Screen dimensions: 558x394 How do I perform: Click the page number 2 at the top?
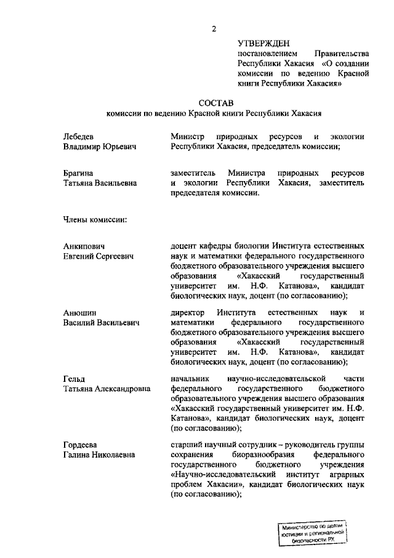tap(214, 28)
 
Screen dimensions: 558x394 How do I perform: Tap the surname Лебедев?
tap(79, 136)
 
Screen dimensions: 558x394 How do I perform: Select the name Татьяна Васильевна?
tap(100, 183)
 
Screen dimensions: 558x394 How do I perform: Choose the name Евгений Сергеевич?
tap(98, 256)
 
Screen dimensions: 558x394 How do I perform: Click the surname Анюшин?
tap(80, 312)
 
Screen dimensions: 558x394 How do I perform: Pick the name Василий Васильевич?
tap(101, 323)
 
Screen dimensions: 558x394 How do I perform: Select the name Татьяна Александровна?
tap(107, 389)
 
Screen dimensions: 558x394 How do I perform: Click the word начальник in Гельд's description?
tap(191, 379)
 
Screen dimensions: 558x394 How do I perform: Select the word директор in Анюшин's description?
tap(188, 312)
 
